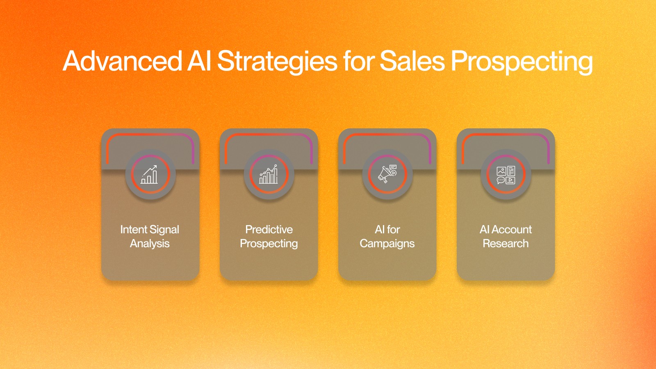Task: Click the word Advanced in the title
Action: (x=123, y=61)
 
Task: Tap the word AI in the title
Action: (x=199, y=61)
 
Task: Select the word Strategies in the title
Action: (x=277, y=62)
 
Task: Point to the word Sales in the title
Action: (x=412, y=61)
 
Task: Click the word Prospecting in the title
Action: (x=522, y=62)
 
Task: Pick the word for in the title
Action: (x=358, y=61)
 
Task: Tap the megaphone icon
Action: (x=387, y=174)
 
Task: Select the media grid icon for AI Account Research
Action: (x=506, y=175)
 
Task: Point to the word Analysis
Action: (x=150, y=244)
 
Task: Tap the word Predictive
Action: (x=269, y=229)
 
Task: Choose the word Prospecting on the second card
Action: (x=269, y=244)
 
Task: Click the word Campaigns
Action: (x=387, y=244)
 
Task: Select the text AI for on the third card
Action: (x=387, y=229)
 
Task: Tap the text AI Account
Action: (x=506, y=229)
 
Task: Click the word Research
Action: (x=506, y=244)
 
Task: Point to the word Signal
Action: (x=164, y=230)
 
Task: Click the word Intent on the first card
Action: (x=134, y=229)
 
